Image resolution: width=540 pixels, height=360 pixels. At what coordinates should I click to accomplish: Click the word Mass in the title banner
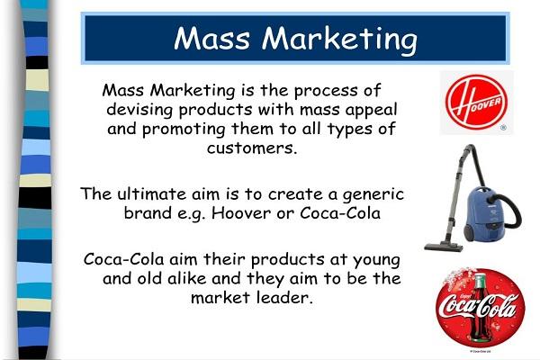pos(213,39)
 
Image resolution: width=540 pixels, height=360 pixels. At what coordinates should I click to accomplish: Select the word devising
pos(147,110)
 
